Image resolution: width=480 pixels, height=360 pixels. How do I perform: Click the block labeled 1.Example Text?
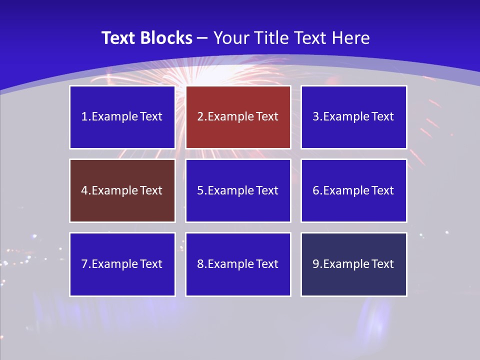click(x=122, y=117)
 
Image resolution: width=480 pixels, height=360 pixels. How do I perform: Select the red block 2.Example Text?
click(x=238, y=117)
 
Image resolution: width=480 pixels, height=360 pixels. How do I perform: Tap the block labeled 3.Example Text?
click(x=353, y=117)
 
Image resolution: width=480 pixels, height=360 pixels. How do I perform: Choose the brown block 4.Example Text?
click(x=122, y=190)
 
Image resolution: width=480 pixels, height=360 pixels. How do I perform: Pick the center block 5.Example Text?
click(x=238, y=190)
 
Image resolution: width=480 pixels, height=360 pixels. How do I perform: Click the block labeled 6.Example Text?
click(x=353, y=190)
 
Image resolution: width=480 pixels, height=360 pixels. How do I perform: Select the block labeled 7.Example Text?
click(x=122, y=264)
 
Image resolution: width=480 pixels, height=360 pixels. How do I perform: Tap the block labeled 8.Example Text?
click(x=238, y=264)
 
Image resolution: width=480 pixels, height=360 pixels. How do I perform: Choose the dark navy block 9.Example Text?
click(x=353, y=264)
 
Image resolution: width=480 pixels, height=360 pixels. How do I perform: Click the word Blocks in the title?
click(x=166, y=38)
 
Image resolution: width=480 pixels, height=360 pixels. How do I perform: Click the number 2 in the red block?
click(x=200, y=117)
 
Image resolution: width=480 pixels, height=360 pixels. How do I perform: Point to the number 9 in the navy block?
click(x=316, y=264)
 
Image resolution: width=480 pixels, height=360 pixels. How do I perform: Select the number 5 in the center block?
click(x=200, y=190)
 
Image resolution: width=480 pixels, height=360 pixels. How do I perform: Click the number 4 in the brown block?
click(x=84, y=190)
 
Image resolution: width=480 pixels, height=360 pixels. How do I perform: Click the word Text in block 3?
click(x=382, y=117)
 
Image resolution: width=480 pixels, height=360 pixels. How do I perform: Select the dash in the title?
click(x=202, y=38)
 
